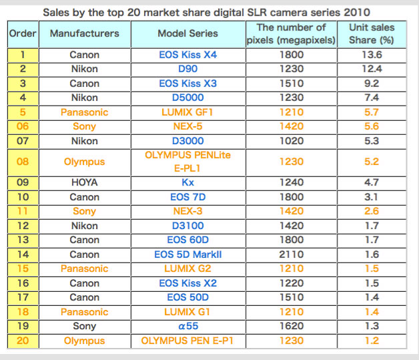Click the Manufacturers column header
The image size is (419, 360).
point(84,33)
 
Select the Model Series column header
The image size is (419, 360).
point(187,33)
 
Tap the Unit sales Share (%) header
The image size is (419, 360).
point(372,33)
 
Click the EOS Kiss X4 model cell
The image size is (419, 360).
point(187,55)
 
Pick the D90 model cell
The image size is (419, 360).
point(187,69)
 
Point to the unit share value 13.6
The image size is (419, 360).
point(372,55)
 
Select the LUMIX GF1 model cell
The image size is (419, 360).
point(187,112)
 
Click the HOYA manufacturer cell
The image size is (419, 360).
point(84,182)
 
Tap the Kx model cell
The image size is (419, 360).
point(187,182)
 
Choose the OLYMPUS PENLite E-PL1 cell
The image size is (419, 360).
point(187,161)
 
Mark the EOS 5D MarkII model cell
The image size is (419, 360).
point(187,254)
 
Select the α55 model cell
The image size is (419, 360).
point(187,327)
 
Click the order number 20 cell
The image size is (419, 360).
point(23,341)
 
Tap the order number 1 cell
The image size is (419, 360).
point(23,55)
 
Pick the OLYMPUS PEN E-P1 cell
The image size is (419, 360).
point(187,341)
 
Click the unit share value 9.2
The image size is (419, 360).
point(372,83)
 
